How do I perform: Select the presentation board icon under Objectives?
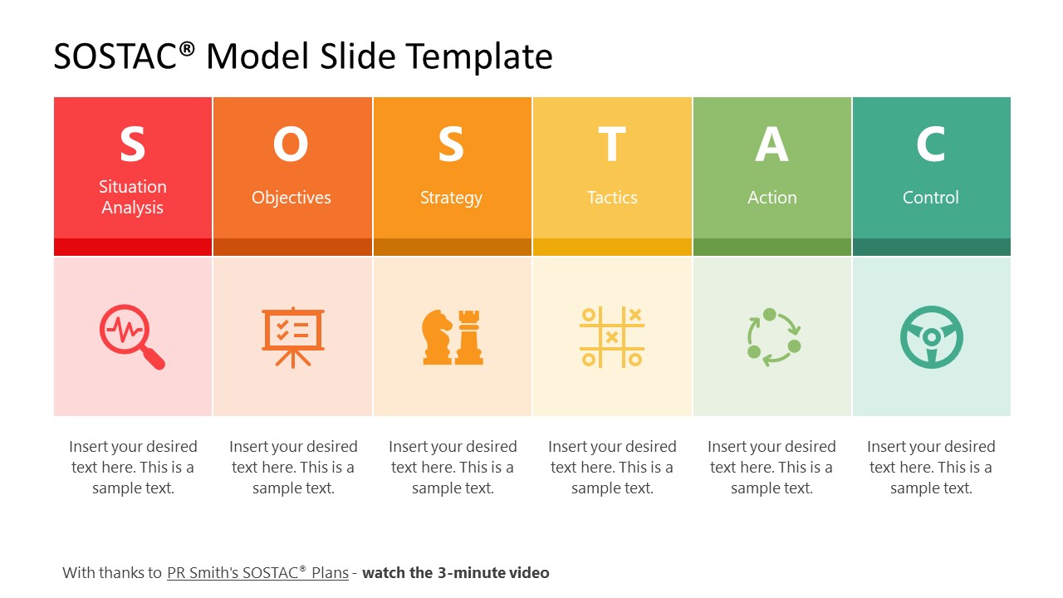292,336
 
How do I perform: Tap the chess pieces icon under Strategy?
452,336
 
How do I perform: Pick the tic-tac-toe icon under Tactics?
612,336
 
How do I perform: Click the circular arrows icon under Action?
772,336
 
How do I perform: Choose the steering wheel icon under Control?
931,336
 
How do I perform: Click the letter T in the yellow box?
612,145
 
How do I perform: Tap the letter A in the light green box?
772,145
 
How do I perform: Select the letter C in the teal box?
931,145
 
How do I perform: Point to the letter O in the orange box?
291,145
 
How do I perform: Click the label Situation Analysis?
133,198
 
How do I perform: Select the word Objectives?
291,198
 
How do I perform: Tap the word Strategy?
451,198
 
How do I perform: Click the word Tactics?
612,198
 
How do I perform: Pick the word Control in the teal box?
931,198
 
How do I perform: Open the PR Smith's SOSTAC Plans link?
257,572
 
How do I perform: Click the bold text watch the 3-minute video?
456,572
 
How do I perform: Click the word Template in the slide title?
479,56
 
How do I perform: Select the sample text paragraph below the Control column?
931,468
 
